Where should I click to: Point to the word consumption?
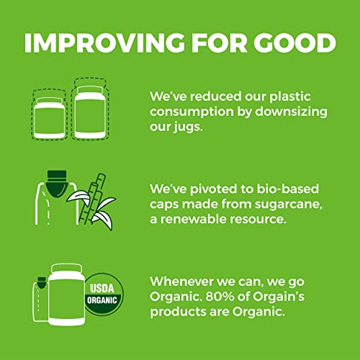point(196,114)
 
